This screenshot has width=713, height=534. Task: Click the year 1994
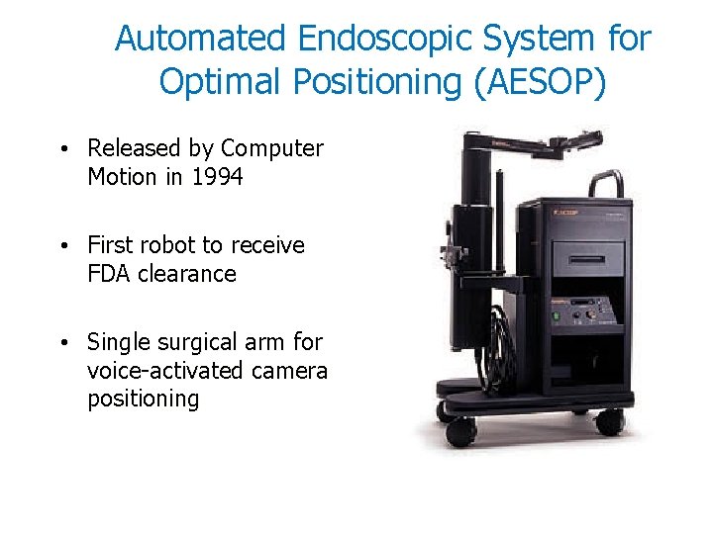[215, 177]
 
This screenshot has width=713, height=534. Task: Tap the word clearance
[188, 274]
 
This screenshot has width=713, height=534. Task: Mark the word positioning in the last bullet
[144, 400]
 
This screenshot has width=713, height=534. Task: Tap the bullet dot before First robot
[62, 246]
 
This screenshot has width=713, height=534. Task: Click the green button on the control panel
[556, 316]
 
